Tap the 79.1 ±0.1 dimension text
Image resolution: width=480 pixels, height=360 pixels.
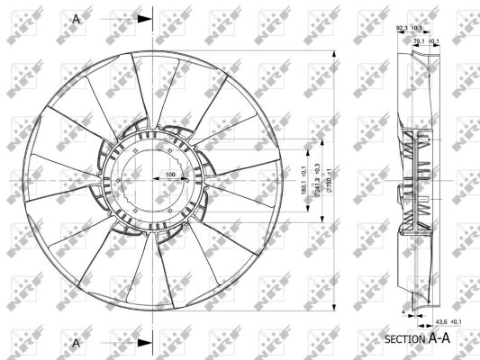(425, 40)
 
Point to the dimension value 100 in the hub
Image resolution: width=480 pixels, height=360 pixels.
(168, 173)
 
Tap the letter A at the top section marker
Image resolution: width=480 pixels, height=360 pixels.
(77, 17)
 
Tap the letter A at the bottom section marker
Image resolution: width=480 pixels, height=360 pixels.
(77, 343)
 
